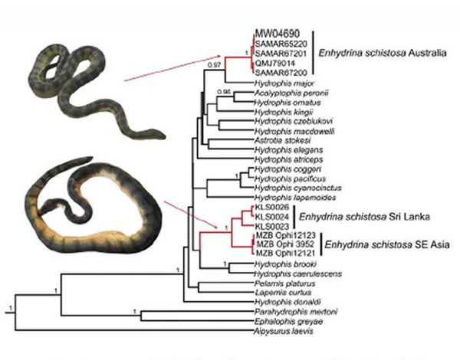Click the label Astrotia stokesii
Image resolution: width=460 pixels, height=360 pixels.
coord(277,140)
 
